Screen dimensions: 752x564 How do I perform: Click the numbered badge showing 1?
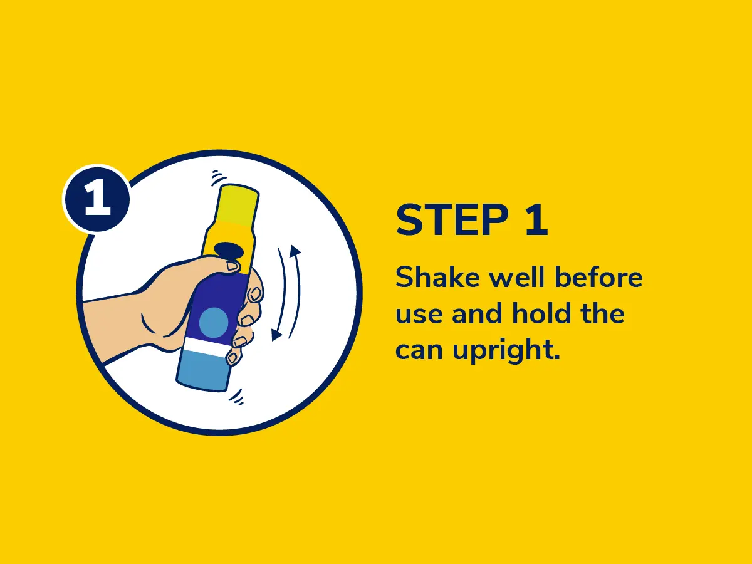pyautogui.click(x=97, y=199)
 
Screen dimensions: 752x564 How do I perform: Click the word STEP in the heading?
pyautogui.click(x=452, y=220)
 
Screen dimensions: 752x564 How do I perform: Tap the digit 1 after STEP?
pyautogui.click(x=537, y=220)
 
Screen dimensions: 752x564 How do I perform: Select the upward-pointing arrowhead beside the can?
pyautogui.click(x=295, y=251)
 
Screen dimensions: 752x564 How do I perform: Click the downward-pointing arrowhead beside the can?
pyautogui.click(x=276, y=335)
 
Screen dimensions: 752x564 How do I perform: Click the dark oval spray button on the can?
pyautogui.click(x=229, y=251)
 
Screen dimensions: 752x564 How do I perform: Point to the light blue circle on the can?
pyautogui.click(x=214, y=322)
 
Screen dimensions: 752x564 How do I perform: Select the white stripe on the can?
pyautogui.click(x=206, y=346)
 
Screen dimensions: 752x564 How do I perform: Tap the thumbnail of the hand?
pyautogui.click(x=232, y=266)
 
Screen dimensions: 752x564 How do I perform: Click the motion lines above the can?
pyautogui.click(x=219, y=178)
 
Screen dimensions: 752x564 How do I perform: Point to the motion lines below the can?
pyautogui.click(x=237, y=397)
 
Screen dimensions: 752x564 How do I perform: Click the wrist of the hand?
pyautogui.click(x=113, y=325)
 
